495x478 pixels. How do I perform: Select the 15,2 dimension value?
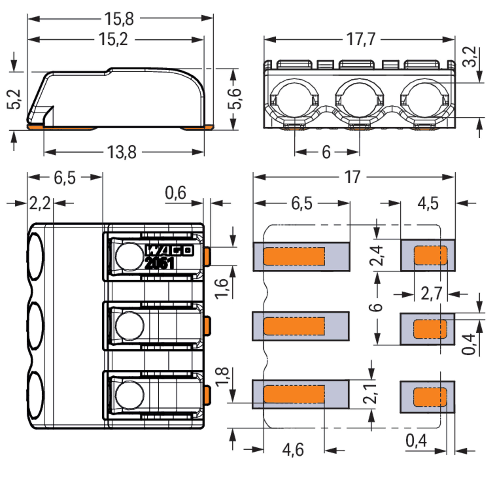[x=113, y=40]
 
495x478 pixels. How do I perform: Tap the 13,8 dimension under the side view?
[x=121, y=152]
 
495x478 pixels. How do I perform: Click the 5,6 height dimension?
[x=234, y=99]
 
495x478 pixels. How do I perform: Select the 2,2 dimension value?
[x=40, y=204]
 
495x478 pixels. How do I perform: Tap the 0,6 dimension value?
[x=176, y=193]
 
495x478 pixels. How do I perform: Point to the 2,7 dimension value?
[x=431, y=294]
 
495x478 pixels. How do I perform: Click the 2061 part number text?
[x=160, y=264]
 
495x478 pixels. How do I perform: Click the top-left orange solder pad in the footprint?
[x=294, y=256]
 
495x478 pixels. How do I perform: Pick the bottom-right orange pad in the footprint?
[x=430, y=397]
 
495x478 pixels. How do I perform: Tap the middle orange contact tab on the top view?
[x=207, y=326]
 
